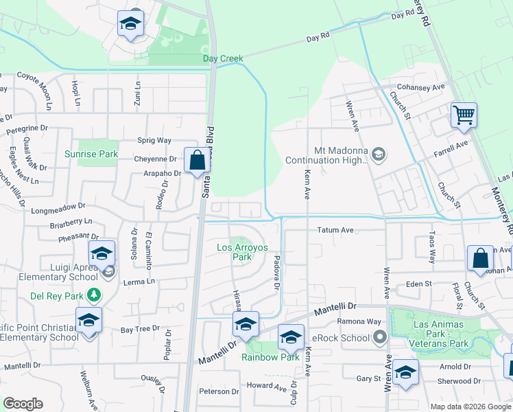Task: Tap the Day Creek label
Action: click(x=223, y=59)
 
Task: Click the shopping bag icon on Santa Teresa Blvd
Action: click(x=197, y=161)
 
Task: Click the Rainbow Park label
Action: click(x=270, y=356)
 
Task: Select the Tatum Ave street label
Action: click(x=335, y=230)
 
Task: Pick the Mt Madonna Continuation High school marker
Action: click(x=378, y=157)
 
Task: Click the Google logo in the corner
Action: click(x=23, y=404)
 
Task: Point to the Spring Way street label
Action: click(x=154, y=140)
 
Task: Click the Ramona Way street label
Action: click(x=359, y=321)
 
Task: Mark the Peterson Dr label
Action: click(x=219, y=391)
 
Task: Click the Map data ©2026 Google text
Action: click(x=470, y=407)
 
